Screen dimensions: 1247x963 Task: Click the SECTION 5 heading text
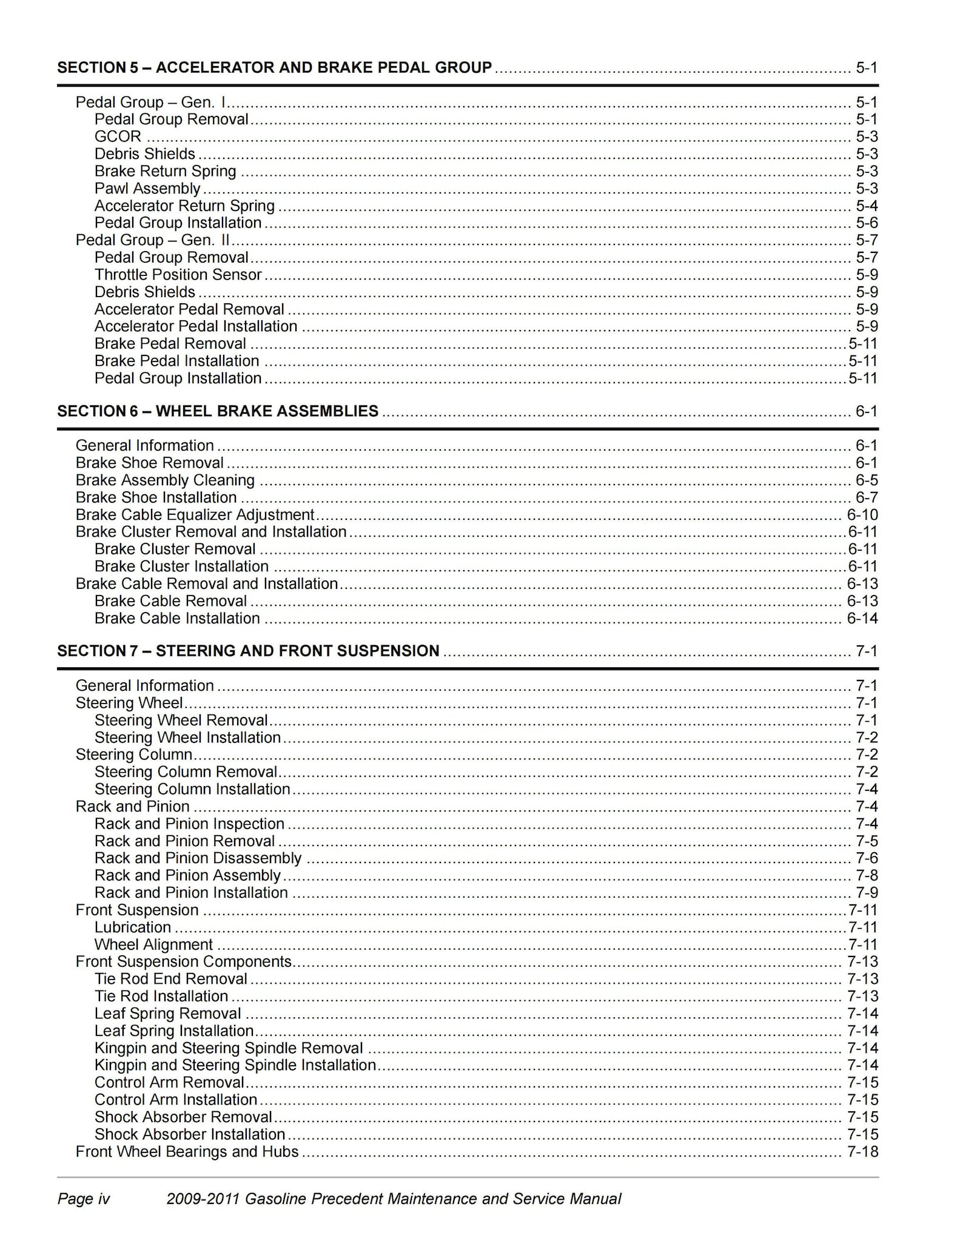click(274, 67)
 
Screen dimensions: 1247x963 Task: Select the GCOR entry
click(118, 136)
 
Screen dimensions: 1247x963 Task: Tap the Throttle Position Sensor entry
click(178, 275)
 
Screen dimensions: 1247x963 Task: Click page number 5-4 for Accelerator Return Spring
click(867, 206)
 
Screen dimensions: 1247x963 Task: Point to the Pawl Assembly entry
click(147, 189)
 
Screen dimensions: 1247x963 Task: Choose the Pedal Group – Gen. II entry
click(152, 240)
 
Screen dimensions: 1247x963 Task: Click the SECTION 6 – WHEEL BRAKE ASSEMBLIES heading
click(218, 411)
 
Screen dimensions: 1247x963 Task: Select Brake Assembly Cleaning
click(165, 480)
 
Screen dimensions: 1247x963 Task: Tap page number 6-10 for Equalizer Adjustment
click(862, 515)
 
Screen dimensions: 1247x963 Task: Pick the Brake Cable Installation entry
click(177, 619)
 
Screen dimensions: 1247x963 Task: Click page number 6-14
click(862, 619)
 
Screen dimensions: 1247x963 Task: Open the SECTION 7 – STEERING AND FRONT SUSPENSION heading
click(248, 651)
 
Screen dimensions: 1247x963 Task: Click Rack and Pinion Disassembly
click(198, 858)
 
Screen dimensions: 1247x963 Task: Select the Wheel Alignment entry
click(153, 945)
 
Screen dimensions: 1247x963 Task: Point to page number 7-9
click(867, 893)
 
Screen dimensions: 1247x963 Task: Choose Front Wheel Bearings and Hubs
click(187, 1152)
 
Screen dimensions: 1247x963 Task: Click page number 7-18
click(862, 1152)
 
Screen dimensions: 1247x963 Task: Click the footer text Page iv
click(84, 1199)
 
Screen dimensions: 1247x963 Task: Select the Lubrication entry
click(132, 927)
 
